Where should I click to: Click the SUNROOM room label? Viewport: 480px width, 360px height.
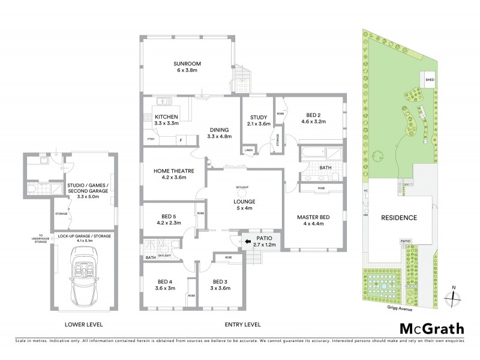(x=187, y=63)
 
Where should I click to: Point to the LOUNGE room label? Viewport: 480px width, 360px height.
(x=244, y=202)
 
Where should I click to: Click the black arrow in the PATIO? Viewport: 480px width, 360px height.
(x=248, y=242)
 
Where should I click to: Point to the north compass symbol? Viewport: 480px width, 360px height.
(x=454, y=298)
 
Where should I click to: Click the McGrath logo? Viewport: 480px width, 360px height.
(x=432, y=328)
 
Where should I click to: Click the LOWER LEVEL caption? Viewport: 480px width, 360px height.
(x=83, y=325)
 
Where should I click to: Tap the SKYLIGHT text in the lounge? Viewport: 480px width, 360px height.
(x=243, y=187)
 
